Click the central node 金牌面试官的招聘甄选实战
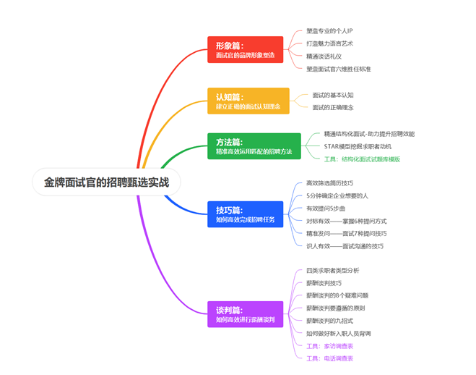click(106, 182)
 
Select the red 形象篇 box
click(245, 50)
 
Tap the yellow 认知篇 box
click(248, 101)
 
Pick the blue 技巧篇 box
click(245, 215)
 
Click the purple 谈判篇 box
click(245, 314)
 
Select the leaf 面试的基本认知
click(333, 95)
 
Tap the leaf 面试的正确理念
click(333, 107)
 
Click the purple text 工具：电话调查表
click(329, 358)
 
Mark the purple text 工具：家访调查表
click(329, 345)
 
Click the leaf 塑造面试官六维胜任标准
click(339, 69)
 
